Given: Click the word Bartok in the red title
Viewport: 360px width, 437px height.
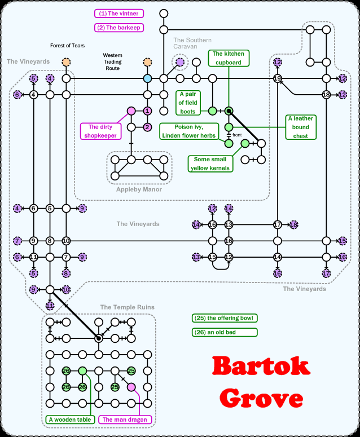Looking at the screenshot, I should tap(262, 367).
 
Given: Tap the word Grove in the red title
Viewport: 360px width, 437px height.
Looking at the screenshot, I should tap(262, 398).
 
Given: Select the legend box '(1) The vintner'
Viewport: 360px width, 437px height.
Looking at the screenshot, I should tap(119, 14).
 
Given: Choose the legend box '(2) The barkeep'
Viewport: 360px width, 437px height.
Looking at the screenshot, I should tap(119, 27).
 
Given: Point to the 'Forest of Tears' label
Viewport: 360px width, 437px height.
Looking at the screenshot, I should tap(67, 46).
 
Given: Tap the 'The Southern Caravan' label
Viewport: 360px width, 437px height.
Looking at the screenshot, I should tap(192, 43).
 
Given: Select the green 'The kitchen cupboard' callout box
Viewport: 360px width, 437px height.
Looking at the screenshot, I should tap(229, 59).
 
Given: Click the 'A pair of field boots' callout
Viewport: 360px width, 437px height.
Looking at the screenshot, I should tap(187, 103).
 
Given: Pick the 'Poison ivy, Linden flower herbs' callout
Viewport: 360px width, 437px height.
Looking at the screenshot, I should tap(188, 131).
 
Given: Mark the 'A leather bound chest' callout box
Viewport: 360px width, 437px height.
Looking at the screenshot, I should tap(301, 127).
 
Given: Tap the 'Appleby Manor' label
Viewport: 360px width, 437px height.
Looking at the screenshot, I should tap(139, 189).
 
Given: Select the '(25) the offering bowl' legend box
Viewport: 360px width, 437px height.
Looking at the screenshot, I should tap(224, 318).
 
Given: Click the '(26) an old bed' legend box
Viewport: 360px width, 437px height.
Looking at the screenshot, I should tap(224, 332).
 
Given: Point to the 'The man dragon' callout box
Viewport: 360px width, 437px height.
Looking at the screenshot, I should tap(123, 420).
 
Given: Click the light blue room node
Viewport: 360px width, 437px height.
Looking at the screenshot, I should tap(147, 78).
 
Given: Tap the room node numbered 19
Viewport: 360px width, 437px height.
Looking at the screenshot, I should tap(277, 78).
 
